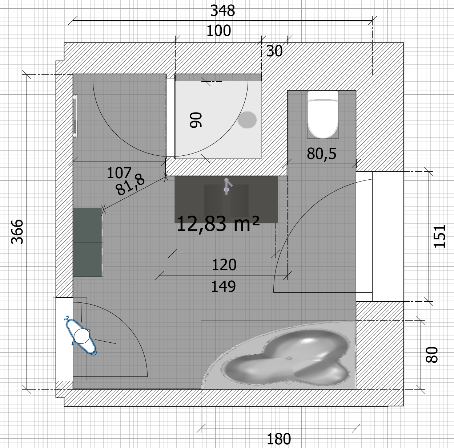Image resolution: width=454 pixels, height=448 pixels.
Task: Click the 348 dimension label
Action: [x=222, y=11]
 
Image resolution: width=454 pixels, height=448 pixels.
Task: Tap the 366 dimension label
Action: [x=17, y=232]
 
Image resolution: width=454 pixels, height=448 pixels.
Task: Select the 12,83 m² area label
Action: [x=218, y=223]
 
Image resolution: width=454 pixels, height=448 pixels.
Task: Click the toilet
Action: [x=323, y=114]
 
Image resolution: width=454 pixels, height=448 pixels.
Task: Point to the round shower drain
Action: [x=247, y=120]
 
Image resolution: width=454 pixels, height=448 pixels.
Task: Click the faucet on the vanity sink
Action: [x=227, y=186]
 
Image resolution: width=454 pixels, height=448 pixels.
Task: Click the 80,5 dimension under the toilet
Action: [x=321, y=154]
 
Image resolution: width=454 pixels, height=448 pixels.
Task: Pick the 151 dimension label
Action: [x=439, y=236]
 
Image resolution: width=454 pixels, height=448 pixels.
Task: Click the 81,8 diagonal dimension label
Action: [x=130, y=186]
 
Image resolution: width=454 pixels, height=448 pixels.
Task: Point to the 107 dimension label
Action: [x=119, y=173]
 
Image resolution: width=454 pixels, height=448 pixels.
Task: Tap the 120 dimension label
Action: [x=224, y=265]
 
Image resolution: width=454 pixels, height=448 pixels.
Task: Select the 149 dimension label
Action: [x=223, y=286]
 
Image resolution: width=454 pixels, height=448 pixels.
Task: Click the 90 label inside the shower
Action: [x=196, y=120]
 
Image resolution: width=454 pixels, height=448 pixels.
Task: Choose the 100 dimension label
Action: [x=218, y=30]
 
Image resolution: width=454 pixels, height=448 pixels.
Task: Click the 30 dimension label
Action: [x=274, y=51]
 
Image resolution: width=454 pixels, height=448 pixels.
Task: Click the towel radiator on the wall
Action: [x=75, y=116]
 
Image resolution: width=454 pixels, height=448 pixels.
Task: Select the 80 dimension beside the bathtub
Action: [x=431, y=355]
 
